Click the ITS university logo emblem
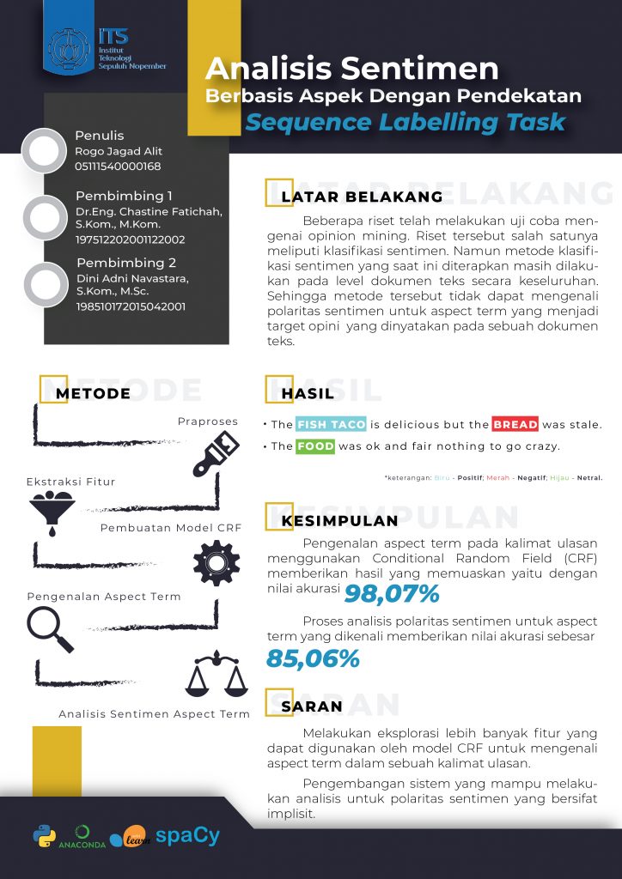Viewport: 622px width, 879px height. tap(70, 49)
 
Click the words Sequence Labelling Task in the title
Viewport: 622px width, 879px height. tap(406, 122)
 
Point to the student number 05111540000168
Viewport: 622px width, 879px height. tap(118, 167)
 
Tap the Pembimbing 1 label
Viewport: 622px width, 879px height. tap(124, 196)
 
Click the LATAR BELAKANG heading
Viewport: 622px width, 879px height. tap(362, 197)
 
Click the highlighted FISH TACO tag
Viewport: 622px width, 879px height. tap(332, 424)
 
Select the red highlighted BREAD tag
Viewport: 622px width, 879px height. tap(515, 424)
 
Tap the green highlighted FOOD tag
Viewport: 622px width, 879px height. tap(315, 446)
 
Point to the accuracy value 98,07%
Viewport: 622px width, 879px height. tap(392, 593)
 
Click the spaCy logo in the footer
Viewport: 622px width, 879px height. tap(187, 834)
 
